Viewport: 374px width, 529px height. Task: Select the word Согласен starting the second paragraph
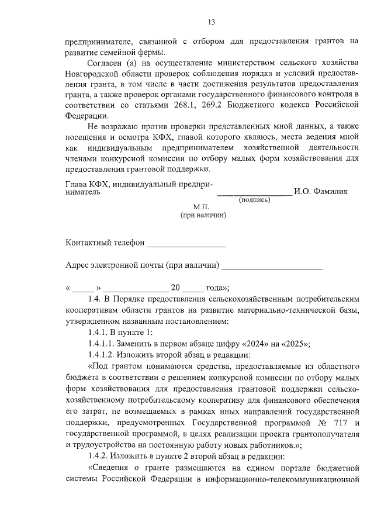(x=103, y=63)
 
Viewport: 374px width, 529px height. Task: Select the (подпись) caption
(x=254, y=200)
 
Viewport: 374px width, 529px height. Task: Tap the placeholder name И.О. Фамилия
(x=321, y=191)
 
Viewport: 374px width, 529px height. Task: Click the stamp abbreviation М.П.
(x=200, y=207)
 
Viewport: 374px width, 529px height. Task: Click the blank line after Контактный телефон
(x=186, y=244)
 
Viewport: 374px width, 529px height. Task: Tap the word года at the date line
(x=215, y=288)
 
